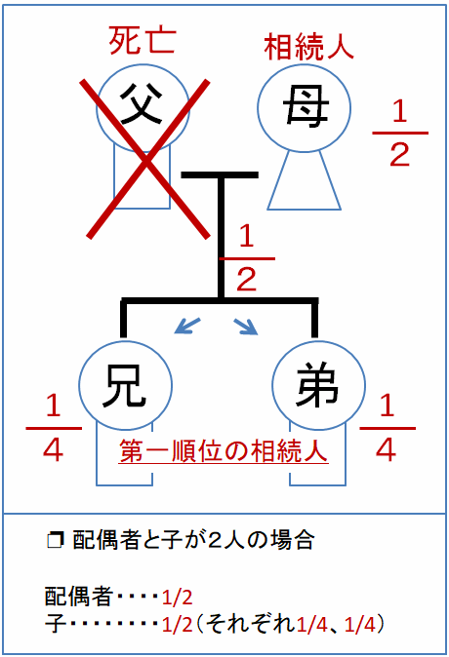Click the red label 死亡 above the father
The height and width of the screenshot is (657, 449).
142,42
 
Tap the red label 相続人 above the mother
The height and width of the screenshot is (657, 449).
308,47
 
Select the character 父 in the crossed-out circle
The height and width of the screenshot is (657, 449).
142,103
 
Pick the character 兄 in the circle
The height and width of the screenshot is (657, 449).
125,385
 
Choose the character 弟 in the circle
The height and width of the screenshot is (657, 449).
317,384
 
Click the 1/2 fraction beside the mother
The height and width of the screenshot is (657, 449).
400,134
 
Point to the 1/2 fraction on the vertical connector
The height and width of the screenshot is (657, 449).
247,258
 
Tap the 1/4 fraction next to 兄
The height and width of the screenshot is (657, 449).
54,428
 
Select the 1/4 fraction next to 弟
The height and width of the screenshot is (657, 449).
388,428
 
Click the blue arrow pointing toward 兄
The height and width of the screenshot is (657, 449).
187,326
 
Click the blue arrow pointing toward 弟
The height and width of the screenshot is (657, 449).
245,327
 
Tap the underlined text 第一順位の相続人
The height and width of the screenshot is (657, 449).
224,451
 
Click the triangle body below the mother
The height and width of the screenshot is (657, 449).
305,180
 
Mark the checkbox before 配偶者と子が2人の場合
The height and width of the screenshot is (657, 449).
55,541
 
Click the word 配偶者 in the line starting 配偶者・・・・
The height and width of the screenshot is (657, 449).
79,596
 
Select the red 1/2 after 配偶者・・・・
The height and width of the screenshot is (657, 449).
177,597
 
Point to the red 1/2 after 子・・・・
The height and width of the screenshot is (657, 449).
177,625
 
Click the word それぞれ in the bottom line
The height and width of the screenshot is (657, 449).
251,624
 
